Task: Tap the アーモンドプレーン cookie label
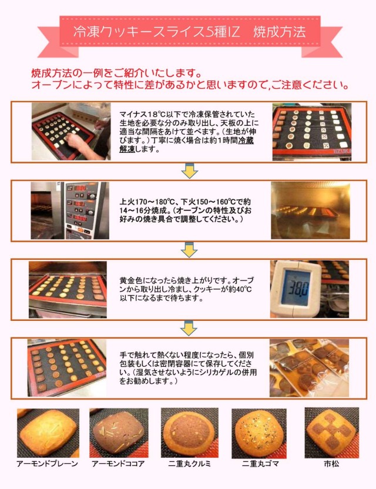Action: [47, 464]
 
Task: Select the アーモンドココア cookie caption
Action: [118, 464]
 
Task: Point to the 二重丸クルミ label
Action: [189, 464]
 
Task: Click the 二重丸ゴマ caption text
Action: [261, 464]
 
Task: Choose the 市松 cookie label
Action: [331, 464]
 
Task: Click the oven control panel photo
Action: [70, 210]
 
